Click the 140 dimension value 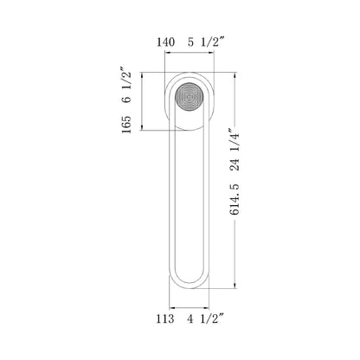click(x=168, y=41)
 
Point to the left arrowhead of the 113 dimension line click(x=171, y=305)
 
